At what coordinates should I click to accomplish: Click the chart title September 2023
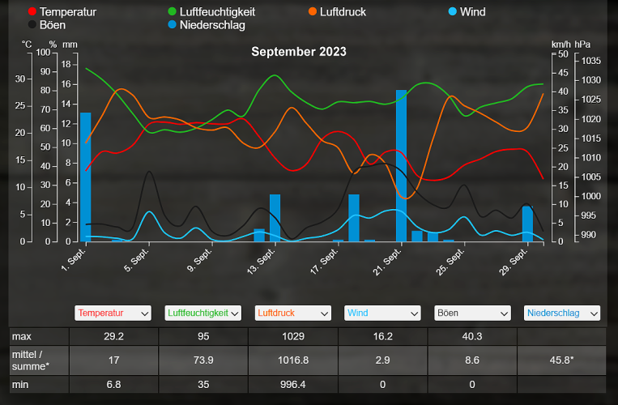(x=298, y=52)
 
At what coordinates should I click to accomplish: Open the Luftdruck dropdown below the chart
(x=293, y=313)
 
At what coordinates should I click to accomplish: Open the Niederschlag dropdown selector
(x=561, y=313)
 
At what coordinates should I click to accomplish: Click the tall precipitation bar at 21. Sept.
(x=401, y=166)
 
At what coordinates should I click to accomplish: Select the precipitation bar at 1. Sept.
(x=85, y=177)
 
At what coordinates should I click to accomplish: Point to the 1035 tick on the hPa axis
(x=590, y=61)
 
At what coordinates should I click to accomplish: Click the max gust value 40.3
(x=471, y=336)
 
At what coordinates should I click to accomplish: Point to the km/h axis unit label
(x=560, y=44)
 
